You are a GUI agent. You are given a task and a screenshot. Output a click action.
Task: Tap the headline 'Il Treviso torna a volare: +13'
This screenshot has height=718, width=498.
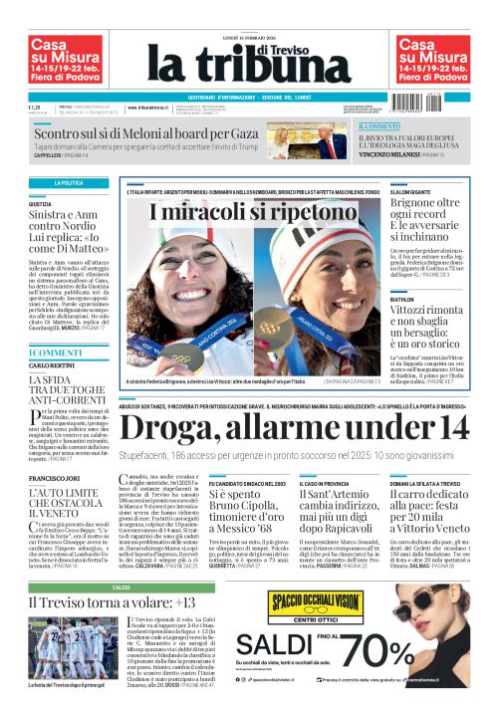(x=104, y=603)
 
